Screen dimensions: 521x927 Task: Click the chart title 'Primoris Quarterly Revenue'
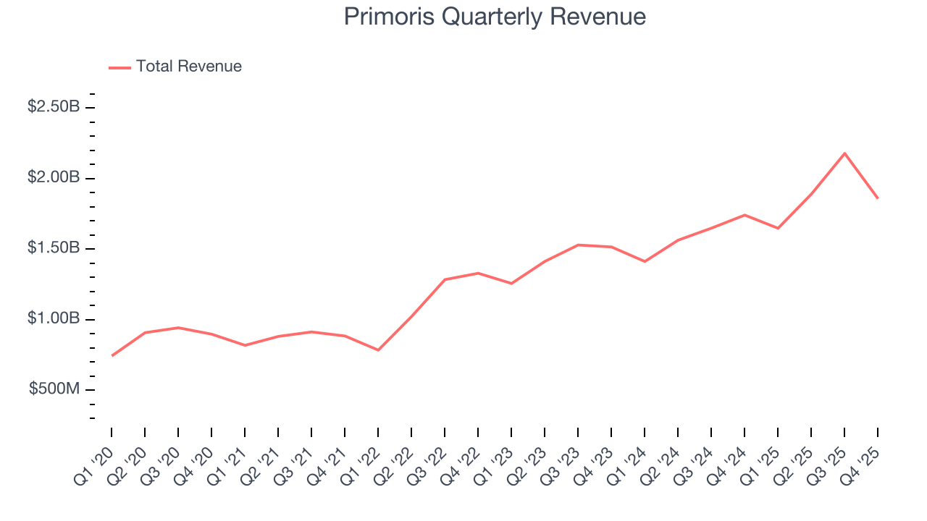tap(495, 17)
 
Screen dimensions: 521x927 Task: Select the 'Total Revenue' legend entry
tap(188, 67)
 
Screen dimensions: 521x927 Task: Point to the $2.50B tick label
tap(54, 107)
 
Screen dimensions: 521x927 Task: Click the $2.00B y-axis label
tap(54, 178)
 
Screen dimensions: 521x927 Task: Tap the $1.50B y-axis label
tap(54, 248)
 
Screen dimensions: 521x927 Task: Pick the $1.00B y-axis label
tap(54, 319)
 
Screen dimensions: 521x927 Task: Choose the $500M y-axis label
tap(54, 389)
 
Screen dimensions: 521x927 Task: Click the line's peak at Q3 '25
tap(844, 153)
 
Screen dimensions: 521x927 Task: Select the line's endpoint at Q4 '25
tap(878, 198)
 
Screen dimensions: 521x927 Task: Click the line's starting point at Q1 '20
tap(112, 355)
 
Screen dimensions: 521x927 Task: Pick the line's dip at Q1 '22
tap(378, 350)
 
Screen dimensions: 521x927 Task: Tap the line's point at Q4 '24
tap(744, 215)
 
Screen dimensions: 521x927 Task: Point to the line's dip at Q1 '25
tap(778, 228)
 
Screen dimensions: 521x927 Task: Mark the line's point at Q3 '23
tap(578, 245)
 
